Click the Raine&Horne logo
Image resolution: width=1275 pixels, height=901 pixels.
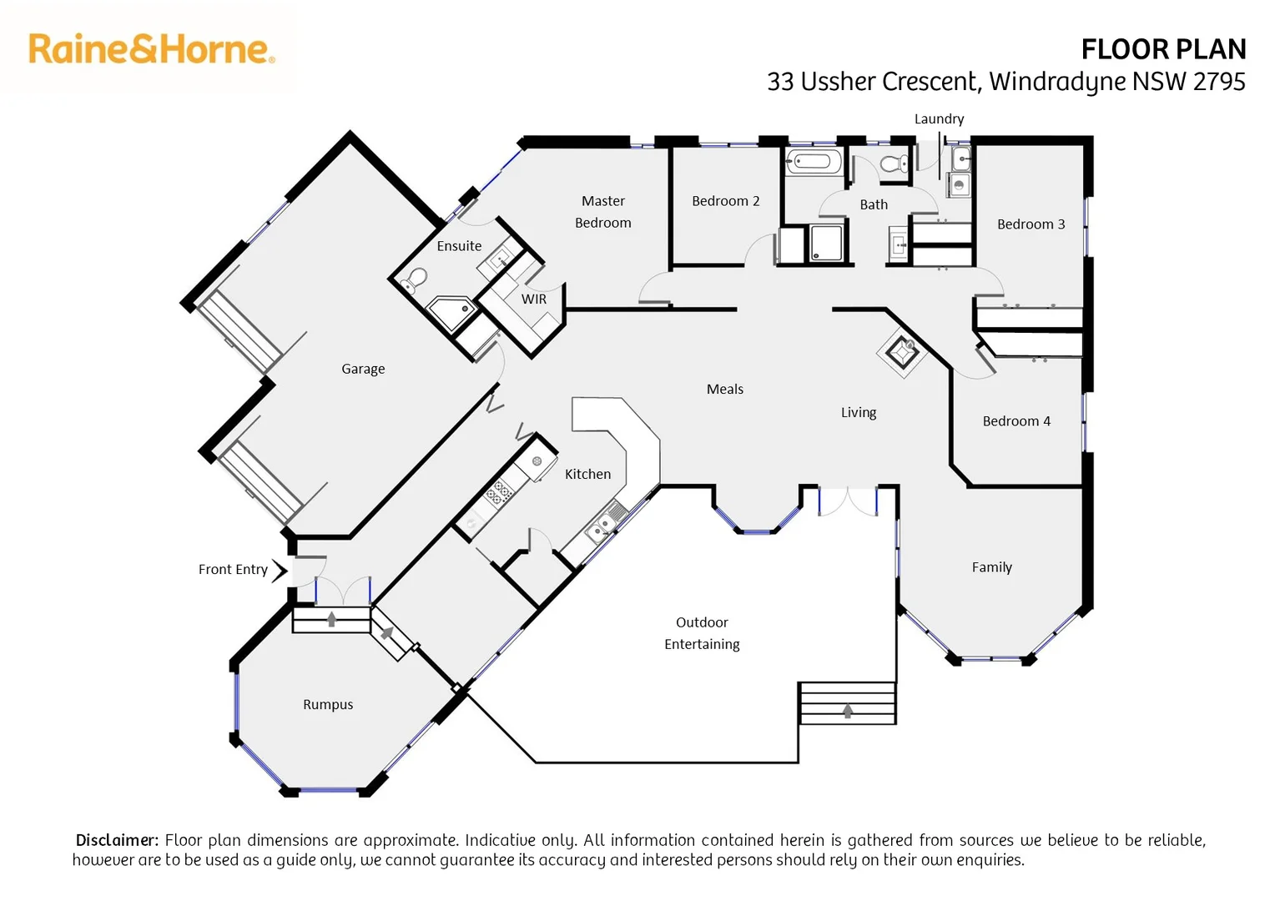pos(151,49)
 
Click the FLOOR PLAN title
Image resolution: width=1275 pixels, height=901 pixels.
pos(1162,49)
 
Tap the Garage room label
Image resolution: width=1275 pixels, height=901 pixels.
pos(363,369)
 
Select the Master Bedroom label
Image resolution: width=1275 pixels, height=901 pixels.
pos(602,212)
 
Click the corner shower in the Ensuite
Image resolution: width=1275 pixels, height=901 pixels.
pos(452,312)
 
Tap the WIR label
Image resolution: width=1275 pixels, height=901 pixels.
pos(534,299)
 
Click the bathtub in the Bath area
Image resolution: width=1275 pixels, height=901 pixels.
pos(814,162)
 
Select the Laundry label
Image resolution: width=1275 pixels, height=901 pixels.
pos(939,119)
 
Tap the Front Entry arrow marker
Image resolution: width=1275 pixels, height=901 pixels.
pos(280,570)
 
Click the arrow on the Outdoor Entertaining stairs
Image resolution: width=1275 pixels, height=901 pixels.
pos(848,711)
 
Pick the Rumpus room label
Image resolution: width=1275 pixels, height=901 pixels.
pos(328,705)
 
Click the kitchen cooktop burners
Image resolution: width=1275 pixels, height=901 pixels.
pos(498,492)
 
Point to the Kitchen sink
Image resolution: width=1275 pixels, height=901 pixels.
pos(600,527)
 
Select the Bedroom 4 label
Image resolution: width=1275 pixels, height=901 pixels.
pos(1015,421)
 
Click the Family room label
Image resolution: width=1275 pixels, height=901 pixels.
pos(991,567)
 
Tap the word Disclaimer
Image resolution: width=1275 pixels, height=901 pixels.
pos(117,840)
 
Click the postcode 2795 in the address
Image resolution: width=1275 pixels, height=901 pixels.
pos(1219,82)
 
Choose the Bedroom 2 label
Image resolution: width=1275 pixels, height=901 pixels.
pos(725,201)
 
